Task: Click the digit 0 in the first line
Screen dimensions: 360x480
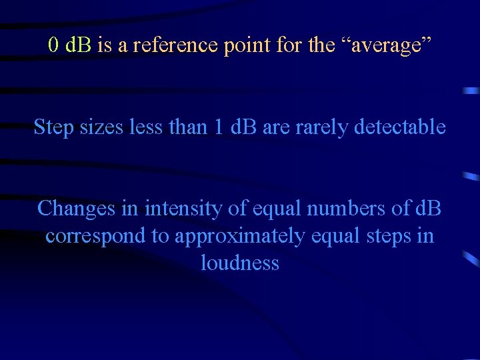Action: point(54,46)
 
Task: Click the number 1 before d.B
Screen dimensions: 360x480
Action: point(220,127)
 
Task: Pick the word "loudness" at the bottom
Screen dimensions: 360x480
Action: point(239,263)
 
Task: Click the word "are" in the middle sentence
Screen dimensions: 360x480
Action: point(276,127)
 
